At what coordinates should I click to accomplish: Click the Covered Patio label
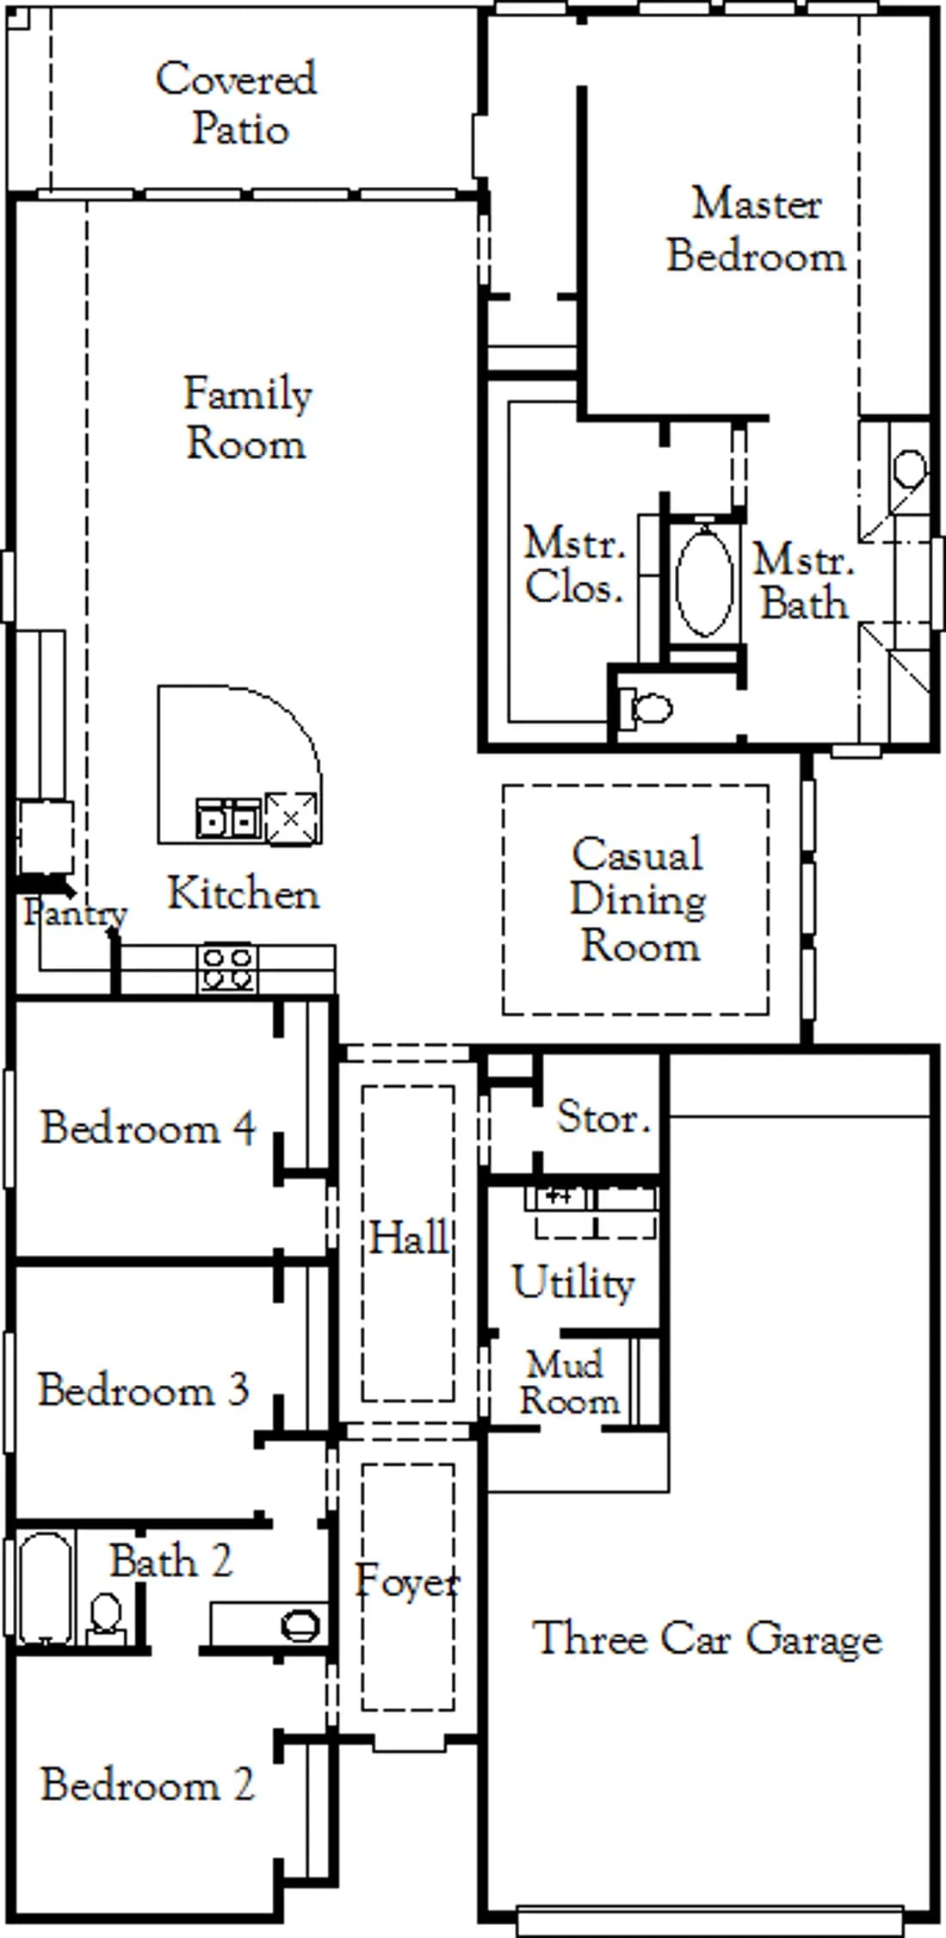point(237,103)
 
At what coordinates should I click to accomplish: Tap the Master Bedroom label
point(757,230)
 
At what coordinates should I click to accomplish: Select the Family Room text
point(247,419)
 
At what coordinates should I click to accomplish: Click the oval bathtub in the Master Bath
point(705,582)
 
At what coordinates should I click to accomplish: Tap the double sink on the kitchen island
point(228,818)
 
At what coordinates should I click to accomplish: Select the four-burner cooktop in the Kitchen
point(227,969)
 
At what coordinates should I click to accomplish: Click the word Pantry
point(75,913)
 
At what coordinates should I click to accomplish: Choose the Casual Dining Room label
point(638,900)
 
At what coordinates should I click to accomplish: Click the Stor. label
point(603,1117)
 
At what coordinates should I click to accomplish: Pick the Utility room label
point(573,1282)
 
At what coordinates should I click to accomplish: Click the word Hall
point(409,1238)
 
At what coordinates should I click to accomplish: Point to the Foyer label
point(408,1581)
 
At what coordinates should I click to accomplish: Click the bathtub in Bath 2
point(46,1588)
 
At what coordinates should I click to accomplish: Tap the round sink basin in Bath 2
point(300,1625)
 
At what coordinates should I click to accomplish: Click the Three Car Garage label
point(708,1638)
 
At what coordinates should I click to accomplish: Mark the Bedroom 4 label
point(148,1127)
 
